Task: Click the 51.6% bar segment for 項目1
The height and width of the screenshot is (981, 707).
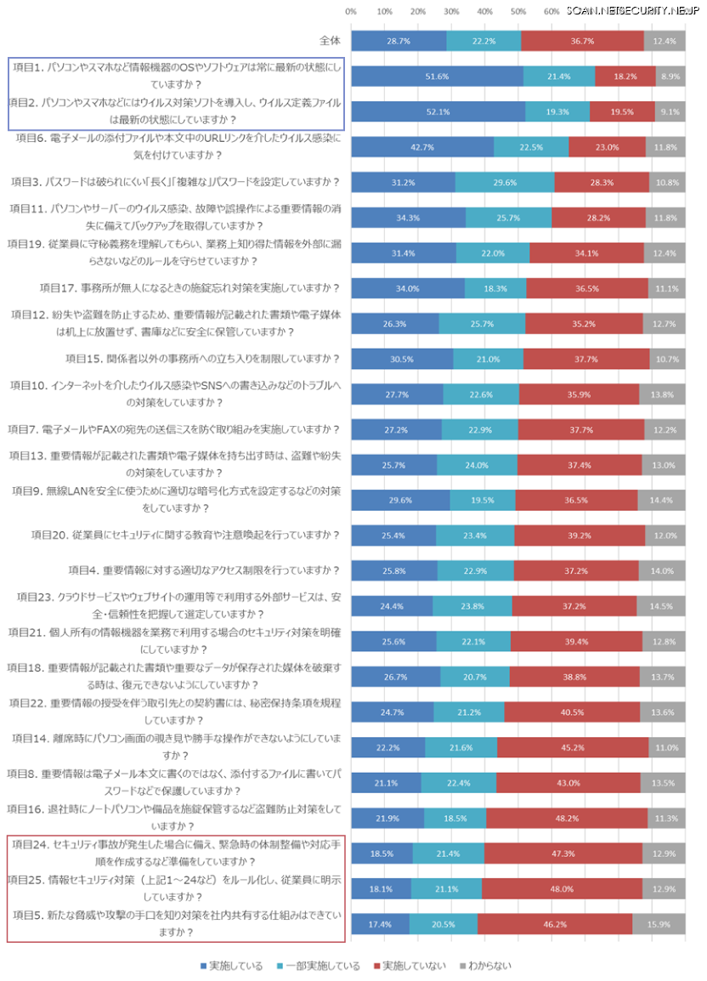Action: (x=437, y=77)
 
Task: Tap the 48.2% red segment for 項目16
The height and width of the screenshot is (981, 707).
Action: (x=566, y=818)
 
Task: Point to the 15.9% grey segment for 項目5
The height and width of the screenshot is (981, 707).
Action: (x=659, y=923)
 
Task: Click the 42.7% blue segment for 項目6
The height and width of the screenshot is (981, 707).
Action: (x=422, y=147)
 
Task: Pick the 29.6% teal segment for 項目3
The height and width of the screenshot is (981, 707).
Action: (x=504, y=182)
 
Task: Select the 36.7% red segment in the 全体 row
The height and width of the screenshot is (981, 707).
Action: (x=582, y=41)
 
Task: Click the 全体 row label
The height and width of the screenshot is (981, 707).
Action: (x=329, y=41)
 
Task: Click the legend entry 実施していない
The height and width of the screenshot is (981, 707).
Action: (x=411, y=966)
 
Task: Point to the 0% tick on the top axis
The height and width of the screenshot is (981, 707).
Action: (x=351, y=11)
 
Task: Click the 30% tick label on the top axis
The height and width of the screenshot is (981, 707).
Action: (x=451, y=11)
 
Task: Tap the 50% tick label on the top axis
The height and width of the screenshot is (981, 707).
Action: (x=518, y=11)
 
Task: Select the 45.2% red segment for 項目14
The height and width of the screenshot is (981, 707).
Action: (x=573, y=747)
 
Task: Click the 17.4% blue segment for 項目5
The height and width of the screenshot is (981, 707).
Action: (x=380, y=923)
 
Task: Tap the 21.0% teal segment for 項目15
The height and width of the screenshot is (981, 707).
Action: (x=488, y=359)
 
